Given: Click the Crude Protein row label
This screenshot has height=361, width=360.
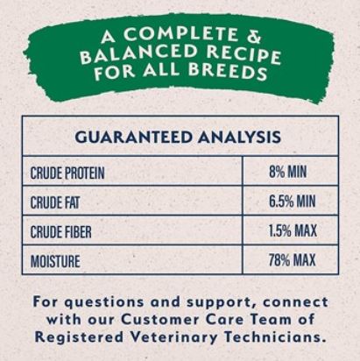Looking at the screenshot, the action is [x=67, y=173].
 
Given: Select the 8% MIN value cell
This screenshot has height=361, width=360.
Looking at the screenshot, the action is [x=288, y=172].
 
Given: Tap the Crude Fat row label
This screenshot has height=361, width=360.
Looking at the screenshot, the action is [x=55, y=202].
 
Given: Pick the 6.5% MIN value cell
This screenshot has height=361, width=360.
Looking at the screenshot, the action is [x=293, y=201].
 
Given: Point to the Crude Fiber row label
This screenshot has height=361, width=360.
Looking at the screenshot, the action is [x=60, y=232].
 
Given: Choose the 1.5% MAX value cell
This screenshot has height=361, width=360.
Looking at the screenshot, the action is [x=293, y=230].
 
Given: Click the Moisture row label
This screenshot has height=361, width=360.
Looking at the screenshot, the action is [x=55, y=261].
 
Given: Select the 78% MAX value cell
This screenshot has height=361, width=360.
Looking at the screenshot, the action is [x=293, y=259].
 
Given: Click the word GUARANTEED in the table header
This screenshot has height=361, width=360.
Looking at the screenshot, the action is [x=133, y=137].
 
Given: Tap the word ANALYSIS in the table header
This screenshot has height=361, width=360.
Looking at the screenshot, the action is [x=239, y=137].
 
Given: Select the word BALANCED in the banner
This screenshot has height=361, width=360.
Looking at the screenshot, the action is [x=138, y=54].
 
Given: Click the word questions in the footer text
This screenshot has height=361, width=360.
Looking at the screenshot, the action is [x=104, y=302].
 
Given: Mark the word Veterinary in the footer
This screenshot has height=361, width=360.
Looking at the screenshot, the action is [x=173, y=337].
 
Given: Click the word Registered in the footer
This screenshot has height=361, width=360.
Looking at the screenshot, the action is [x=79, y=337].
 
